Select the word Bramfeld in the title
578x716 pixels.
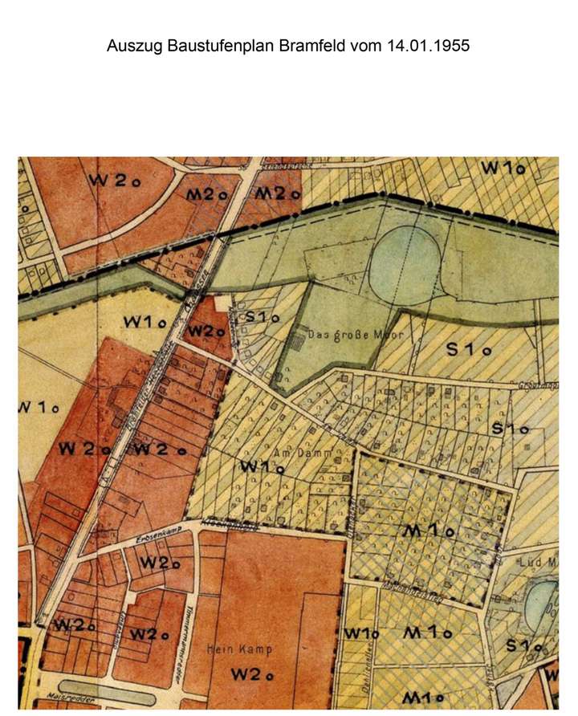pyautogui.click(x=311, y=46)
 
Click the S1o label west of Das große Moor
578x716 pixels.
pyautogui.click(x=262, y=317)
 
